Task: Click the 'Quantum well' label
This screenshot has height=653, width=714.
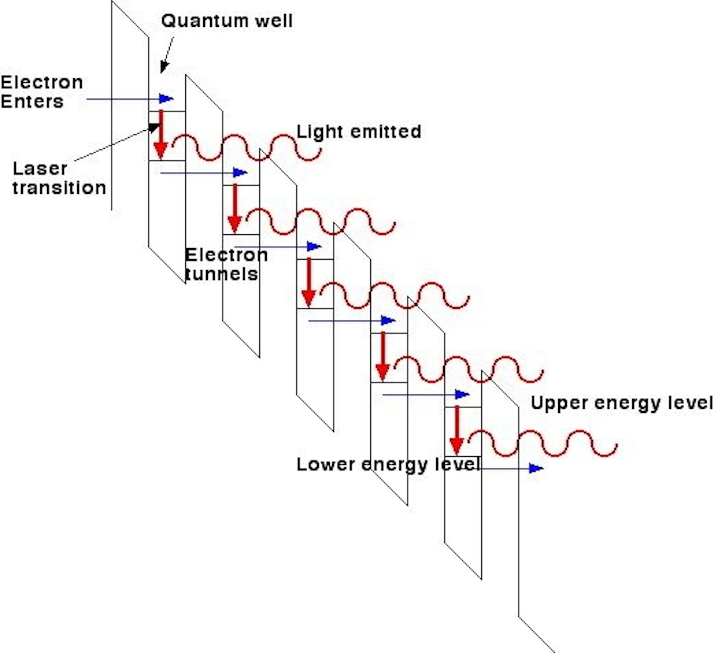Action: click(x=227, y=21)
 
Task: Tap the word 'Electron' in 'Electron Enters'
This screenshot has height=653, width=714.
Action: click(x=42, y=82)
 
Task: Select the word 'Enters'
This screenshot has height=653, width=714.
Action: click(x=32, y=102)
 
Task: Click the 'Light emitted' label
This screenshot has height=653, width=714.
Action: click(x=358, y=132)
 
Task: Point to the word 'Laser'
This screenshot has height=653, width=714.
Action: click(x=40, y=168)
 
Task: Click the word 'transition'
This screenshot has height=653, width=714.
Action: click(x=59, y=188)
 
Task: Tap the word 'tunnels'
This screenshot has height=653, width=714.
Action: click(x=222, y=274)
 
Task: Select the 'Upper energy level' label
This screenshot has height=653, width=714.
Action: click(x=621, y=403)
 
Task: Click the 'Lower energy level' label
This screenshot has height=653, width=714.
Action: click(x=388, y=465)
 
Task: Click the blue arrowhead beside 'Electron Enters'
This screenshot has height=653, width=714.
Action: click(x=166, y=99)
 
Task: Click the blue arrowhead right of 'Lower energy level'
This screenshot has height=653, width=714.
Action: click(x=536, y=468)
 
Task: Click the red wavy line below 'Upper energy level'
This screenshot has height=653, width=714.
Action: click(x=543, y=443)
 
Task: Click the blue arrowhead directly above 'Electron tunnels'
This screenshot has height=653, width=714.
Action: click(x=240, y=172)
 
